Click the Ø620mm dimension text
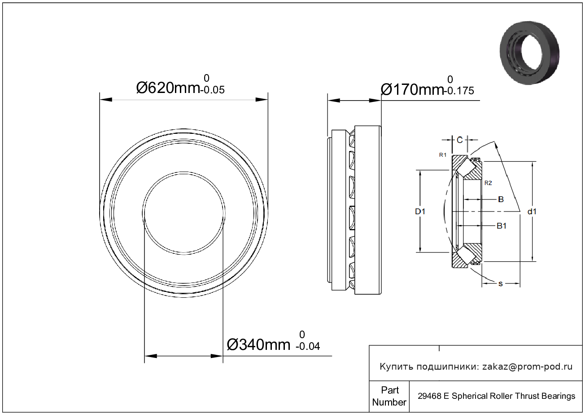(x=168, y=88)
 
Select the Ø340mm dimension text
(x=258, y=344)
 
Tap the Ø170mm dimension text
(x=412, y=90)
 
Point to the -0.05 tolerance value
(x=213, y=90)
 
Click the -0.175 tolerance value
(x=459, y=91)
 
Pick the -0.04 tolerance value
(x=308, y=346)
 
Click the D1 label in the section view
(x=420, y=211)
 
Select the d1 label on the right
(x=532, y=211)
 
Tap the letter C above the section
(x=460, y=140)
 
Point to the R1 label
(x=443, y=155)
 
